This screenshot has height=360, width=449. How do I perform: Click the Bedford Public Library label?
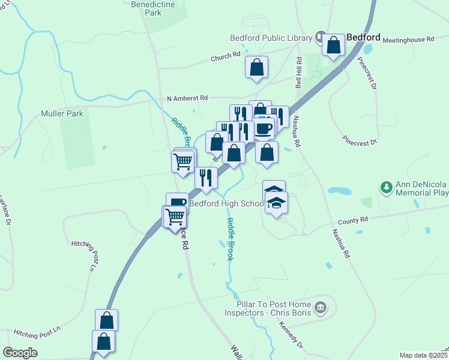[271, 38]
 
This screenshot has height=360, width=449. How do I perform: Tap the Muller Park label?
[62, 113]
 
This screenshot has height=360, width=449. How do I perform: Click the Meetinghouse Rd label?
[408, 39]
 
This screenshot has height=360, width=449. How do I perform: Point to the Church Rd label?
[225, 58]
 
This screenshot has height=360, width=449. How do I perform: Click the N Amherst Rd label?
[187, 98]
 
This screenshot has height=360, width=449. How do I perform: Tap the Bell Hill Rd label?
[298, 73]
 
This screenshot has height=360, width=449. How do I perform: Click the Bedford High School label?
[227, 203]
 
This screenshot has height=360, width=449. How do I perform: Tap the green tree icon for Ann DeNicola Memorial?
[385, 188]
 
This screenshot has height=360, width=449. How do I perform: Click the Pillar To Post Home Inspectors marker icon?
[321, 308]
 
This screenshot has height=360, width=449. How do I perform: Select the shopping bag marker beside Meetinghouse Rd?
[333, 45]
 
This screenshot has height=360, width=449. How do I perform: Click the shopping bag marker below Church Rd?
[256, 67]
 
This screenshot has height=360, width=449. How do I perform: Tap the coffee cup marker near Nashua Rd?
[262, 127]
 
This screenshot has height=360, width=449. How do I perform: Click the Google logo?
[20, 352]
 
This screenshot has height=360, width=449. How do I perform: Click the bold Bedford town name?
[364, 37]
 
